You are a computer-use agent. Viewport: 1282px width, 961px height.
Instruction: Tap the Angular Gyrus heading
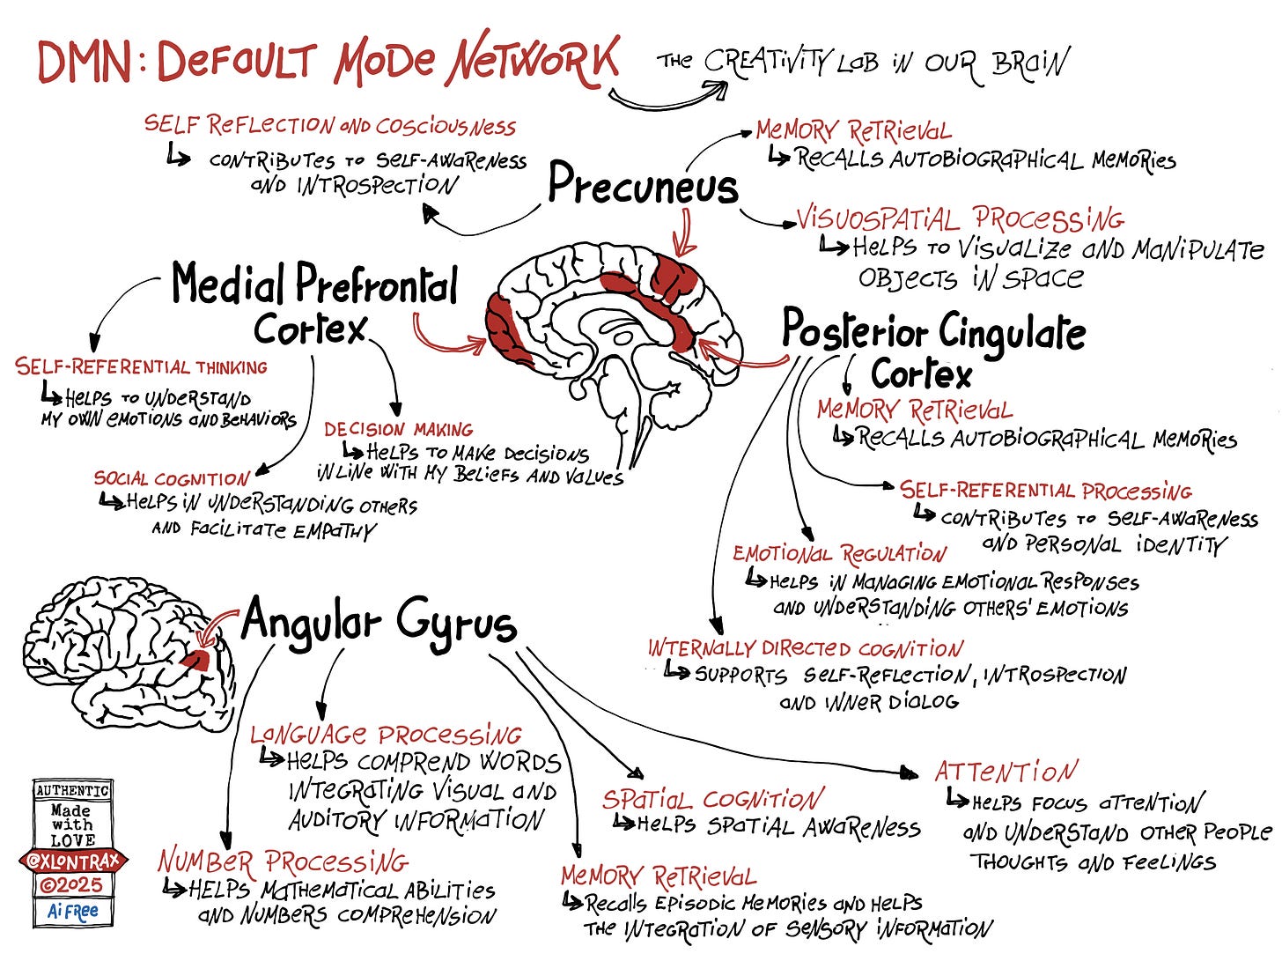click(x=379, y=621)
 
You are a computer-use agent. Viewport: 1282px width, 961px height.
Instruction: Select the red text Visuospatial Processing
click(x=960, y=218)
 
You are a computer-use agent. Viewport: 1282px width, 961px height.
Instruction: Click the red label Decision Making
click(x=398, y=430)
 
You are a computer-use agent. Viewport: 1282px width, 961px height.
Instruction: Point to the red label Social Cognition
click(x=172, y=479)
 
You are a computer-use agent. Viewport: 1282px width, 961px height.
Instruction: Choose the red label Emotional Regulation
click(x=839, y=554)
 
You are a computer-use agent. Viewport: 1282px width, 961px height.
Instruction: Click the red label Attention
click(x=1006, y=772)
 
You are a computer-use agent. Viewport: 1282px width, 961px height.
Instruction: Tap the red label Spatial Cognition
click(x=713, y=799)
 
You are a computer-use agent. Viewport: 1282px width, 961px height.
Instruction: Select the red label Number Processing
click(x=283, y=861)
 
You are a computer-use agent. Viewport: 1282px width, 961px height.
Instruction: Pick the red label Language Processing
click(x=386, y=735)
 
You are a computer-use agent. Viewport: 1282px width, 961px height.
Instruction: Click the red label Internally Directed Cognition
click(x=805, y=649)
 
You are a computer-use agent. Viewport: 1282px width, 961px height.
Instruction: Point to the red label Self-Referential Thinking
click(x=141, y=366)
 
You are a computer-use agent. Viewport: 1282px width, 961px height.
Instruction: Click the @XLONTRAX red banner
click(x=73, y=861)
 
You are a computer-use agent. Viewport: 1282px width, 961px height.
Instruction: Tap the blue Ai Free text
click(x=73, y=912)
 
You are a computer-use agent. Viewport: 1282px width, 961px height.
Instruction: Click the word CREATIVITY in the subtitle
click(x=766, y=62)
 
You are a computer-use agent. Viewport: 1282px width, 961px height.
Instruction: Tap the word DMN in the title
click(x=84, y=62)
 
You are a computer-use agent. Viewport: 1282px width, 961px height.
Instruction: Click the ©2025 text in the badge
click(x=73, y=885)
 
